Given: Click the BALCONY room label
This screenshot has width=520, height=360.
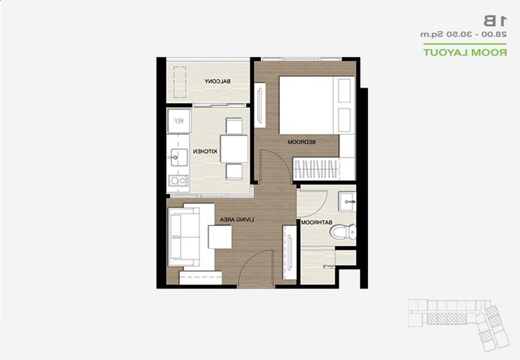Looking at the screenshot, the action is point(217,81).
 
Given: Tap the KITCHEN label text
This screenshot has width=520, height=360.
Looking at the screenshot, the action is point(205,152).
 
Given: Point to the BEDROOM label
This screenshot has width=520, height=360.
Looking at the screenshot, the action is point(302,142).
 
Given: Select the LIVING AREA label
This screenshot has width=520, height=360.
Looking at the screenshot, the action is point(237,219).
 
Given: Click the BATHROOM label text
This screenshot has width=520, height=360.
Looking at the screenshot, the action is point(317,222).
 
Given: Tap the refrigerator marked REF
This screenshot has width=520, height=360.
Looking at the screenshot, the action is point(179,121).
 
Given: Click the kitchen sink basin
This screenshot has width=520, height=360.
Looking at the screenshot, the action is point(179,158).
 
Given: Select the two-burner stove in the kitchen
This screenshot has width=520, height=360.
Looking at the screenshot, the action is point(179,181).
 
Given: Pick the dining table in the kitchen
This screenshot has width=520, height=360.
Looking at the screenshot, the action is point(234,149).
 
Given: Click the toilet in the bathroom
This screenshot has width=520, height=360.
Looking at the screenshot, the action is point(343,232).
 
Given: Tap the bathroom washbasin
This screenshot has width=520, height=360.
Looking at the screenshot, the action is point(347,201).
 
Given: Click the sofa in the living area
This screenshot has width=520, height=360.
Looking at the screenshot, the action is point(184,237).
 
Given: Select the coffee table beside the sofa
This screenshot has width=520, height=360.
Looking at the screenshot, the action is point(220,237).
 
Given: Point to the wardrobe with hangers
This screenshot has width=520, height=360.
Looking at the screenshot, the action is point(316,169).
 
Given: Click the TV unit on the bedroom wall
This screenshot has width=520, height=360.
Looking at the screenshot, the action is point(260,105).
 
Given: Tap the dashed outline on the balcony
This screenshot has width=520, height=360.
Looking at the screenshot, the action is point(180,82).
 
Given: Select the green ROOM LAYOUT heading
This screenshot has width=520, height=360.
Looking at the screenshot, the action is point(465,52).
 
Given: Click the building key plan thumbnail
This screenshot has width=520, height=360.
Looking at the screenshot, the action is point(458,326).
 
